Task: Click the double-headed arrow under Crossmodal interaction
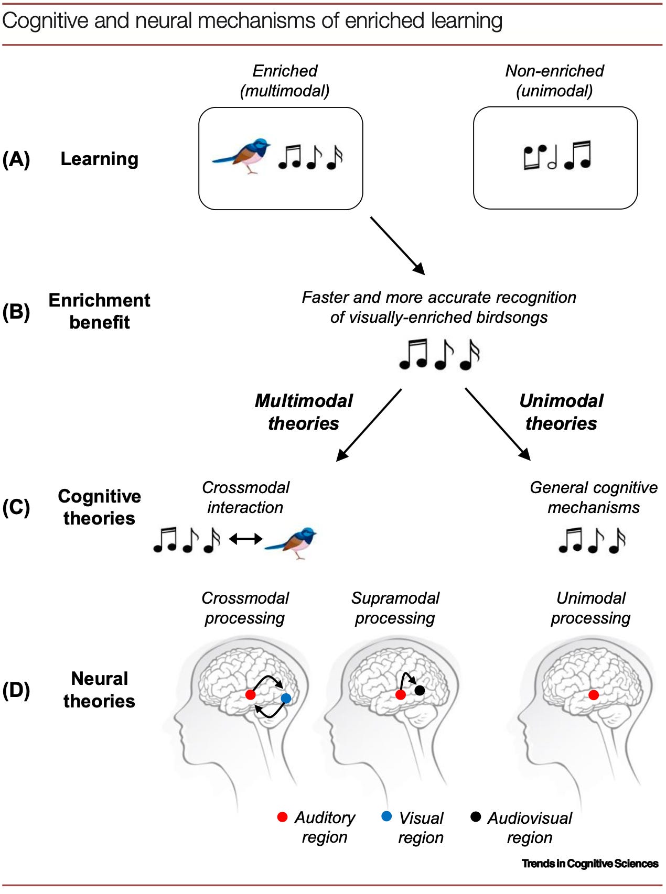[246, 538]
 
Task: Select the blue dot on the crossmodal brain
[286, 698]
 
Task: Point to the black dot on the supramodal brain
[420, 690]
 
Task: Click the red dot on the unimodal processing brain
[594, 695]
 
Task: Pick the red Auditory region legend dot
[282, 817]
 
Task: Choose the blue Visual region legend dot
[386, 816]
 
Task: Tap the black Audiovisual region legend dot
[476, 816]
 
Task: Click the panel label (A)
[16, 159]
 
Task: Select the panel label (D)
[16, 690]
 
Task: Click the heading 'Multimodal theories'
[303, 412]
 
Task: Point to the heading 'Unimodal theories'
[561, 412]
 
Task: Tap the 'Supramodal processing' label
[395, 608]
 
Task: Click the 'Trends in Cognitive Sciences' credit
[590, 864]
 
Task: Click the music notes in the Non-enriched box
[557, 156]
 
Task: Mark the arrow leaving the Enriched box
[397, 245]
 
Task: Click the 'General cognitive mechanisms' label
[593, 497]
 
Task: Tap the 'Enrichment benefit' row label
[99, 311]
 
